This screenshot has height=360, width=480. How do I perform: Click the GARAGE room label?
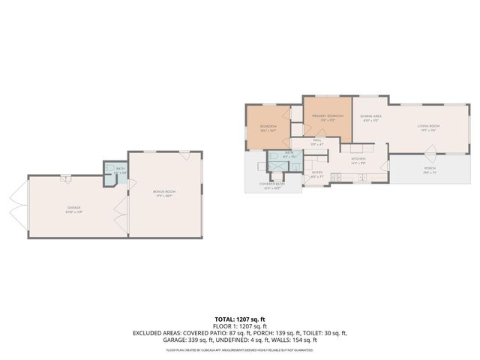click(73, 208)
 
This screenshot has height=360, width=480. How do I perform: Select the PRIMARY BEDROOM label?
click(328, 116)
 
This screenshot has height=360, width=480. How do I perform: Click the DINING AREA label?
click(371, 117)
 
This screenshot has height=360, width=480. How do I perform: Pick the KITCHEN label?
click(358, 160)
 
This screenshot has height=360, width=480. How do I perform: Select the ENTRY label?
click(317, 173)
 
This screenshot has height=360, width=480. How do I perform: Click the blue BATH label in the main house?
click(289, 153)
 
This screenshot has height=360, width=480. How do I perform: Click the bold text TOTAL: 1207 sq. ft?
click(240, 319)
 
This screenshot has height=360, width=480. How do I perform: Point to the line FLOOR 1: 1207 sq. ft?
click(240, 326)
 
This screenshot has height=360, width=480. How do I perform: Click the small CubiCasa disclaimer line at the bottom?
click(240, 349)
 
